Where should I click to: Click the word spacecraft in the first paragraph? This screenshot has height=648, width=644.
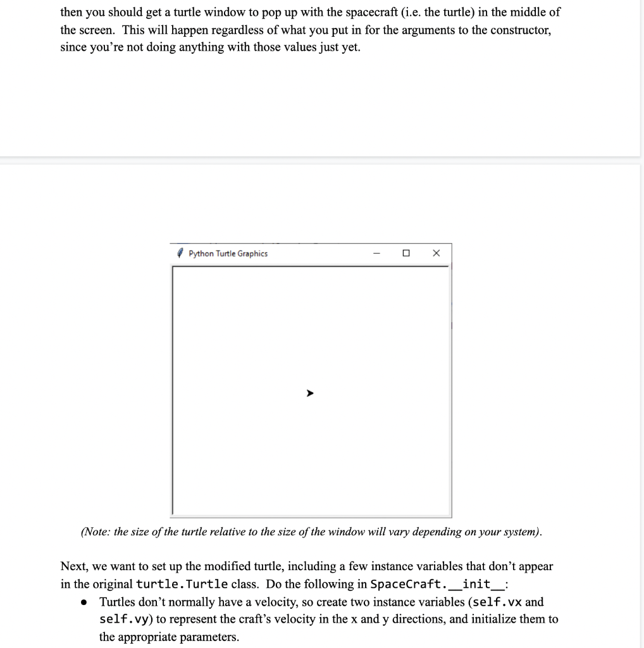pyautogui.click(x=368, y=12)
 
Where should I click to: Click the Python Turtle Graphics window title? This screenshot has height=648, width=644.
pyautogui.click(x=228, y=254)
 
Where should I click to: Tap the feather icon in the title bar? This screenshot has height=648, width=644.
pyautogui.click(x=181, y=254)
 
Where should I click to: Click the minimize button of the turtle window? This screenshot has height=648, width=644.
pyautogui.click(x=376, y=254)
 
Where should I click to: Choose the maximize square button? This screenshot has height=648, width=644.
pyautogui.click(x=406, y=254)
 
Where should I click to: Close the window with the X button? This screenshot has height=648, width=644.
pyautogui.click(x=436, y=254)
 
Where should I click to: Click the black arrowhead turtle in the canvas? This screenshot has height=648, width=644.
pyautogui.click(x=309, y=394)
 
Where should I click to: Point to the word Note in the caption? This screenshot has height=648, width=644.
pyautogui.click(x=97, y=532)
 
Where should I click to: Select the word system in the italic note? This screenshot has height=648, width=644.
pyautogui.click(x=520, y=532)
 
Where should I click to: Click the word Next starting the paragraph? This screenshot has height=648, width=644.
pyautogui.click(x=72, y=566)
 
